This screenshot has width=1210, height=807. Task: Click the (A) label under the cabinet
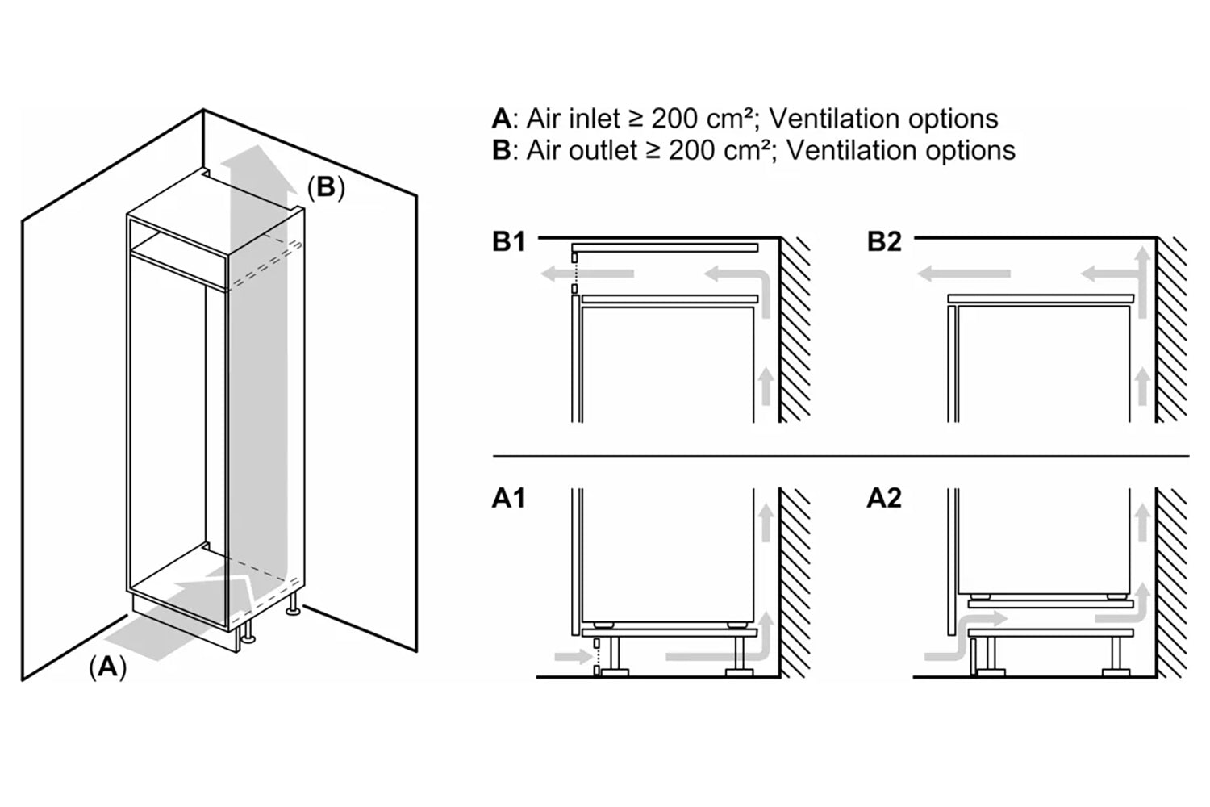(x=107, y=668)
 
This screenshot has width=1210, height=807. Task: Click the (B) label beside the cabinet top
(x=326, y=187)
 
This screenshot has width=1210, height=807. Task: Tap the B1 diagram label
(x=509, y=241)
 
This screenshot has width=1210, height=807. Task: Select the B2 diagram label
(x=884, y=241)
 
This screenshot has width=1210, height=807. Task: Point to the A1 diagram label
(x=508, y=499)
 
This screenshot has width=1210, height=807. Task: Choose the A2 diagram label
(x=883, y=499)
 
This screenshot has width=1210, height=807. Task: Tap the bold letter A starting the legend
(x=501, y=119)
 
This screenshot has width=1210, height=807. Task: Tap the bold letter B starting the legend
(x=501, y=150)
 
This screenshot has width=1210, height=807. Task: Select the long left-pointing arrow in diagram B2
(x=964, y=274)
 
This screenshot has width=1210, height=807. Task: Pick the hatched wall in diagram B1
(x=795, y=331)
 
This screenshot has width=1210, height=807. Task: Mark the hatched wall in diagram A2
(x=1170, y=581)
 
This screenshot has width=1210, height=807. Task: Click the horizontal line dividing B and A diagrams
(x=839, y=456)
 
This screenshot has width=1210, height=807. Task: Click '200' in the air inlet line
(x=675, y=119)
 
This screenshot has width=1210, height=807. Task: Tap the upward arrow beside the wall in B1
(x=766, y=385)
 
